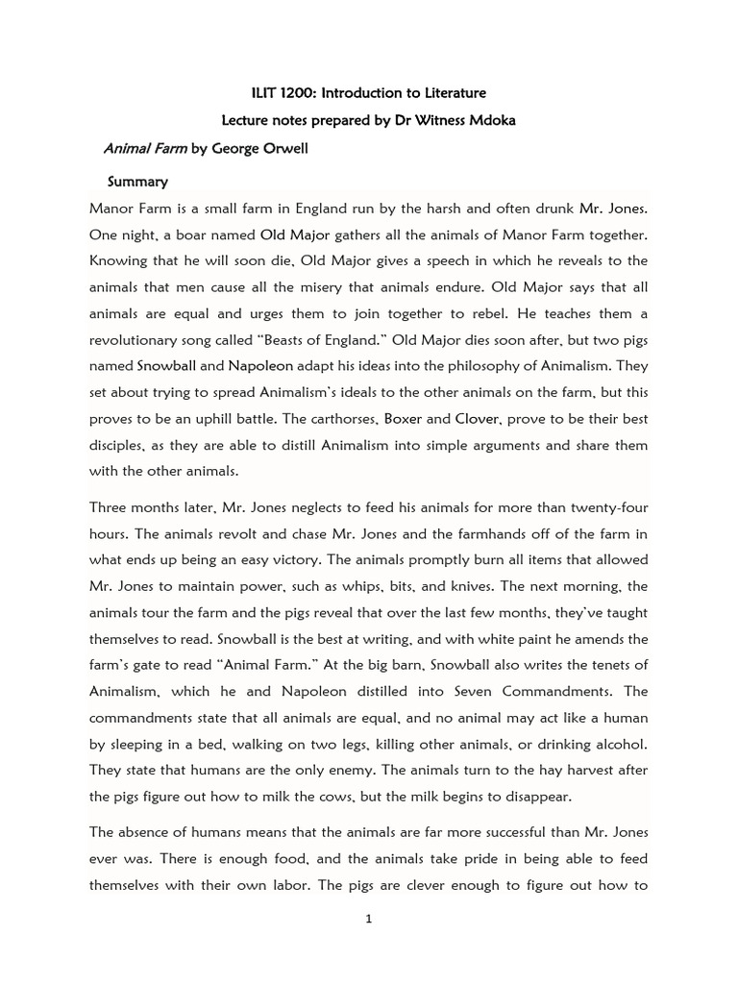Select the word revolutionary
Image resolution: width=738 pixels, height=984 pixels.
coord(135,340)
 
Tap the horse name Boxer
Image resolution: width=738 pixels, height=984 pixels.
coord(405,419)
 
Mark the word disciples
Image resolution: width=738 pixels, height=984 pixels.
coord(118,446)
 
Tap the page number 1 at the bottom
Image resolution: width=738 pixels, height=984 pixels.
coord(368,919)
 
